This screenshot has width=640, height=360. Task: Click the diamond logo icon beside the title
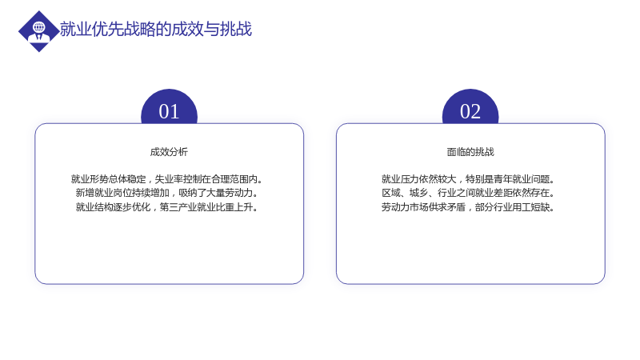pyautogui.click(x=38, y=31)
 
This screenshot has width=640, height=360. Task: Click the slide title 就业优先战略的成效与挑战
pyautogui.click(x=156, y=30)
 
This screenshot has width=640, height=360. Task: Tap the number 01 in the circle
pyautogui.click(x=169, y=111)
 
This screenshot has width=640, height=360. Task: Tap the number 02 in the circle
pyautogui.click(x=470, y=111)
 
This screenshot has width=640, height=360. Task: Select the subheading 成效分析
pyautogui.click(x=169, y=152)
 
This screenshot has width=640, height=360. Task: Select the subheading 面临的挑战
pyautogui.click(x=470, y=152)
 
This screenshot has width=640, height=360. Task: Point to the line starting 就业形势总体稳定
pyautogui.click(x=166, y=179)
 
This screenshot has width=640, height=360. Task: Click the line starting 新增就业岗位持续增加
pyautogui.click(x=166, y=193)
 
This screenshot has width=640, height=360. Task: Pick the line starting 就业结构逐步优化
pyautogui.click(x=166, y=207)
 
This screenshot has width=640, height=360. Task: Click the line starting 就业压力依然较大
pyautogui.click(x=468, y=179)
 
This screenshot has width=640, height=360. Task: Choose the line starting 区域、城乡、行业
pyautogui.click(x=468, y=193)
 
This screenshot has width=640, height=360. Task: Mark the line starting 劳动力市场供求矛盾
pyautogui.click(x=468, y=207)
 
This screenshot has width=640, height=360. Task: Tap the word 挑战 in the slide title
pyautogui.click(x=236, y=30)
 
